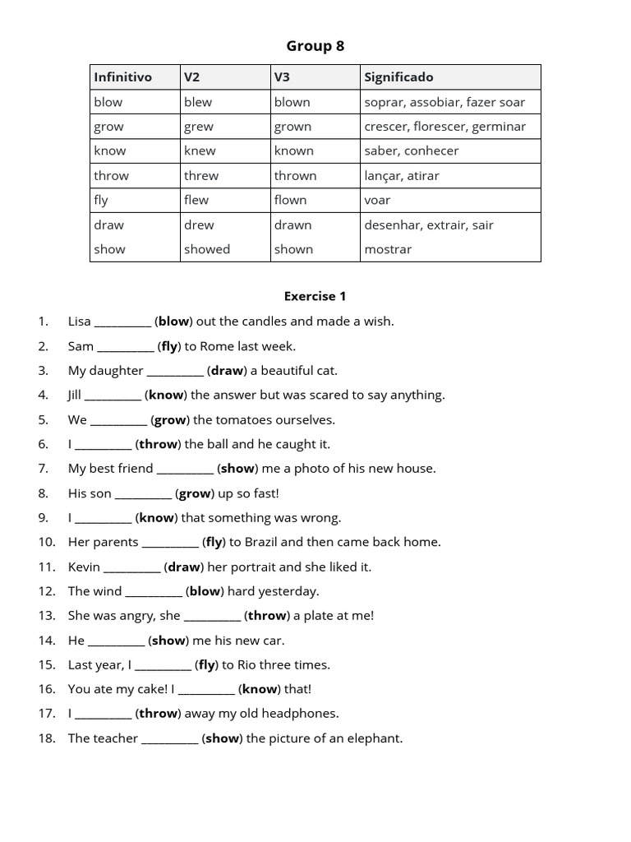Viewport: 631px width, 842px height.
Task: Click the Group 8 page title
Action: (315, 46)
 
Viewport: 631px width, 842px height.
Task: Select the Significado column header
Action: (398, 77)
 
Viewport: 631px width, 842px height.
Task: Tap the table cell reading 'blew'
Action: (198, 102)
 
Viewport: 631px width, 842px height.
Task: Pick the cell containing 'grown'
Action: (293, 127)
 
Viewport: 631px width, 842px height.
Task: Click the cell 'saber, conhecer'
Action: (412, 150)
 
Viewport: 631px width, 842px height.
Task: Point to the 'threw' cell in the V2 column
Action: (201, 175)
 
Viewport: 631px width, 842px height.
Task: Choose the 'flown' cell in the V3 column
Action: (291, 200)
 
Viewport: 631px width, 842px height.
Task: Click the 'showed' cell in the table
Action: (207, 249)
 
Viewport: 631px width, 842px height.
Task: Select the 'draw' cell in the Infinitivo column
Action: (109, 224)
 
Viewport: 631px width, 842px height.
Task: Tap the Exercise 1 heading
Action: (315, 296)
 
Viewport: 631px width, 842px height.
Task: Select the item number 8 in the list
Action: (43, 493)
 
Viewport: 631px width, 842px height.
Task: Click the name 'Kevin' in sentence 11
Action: (84, 567)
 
